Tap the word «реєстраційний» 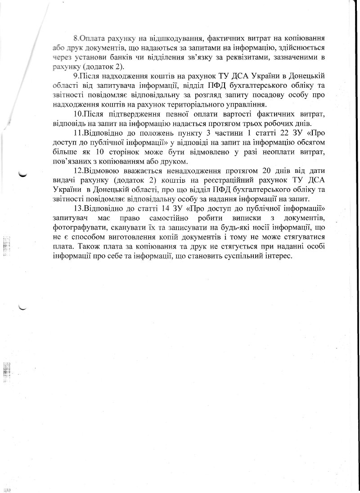click(x=207, y=181)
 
